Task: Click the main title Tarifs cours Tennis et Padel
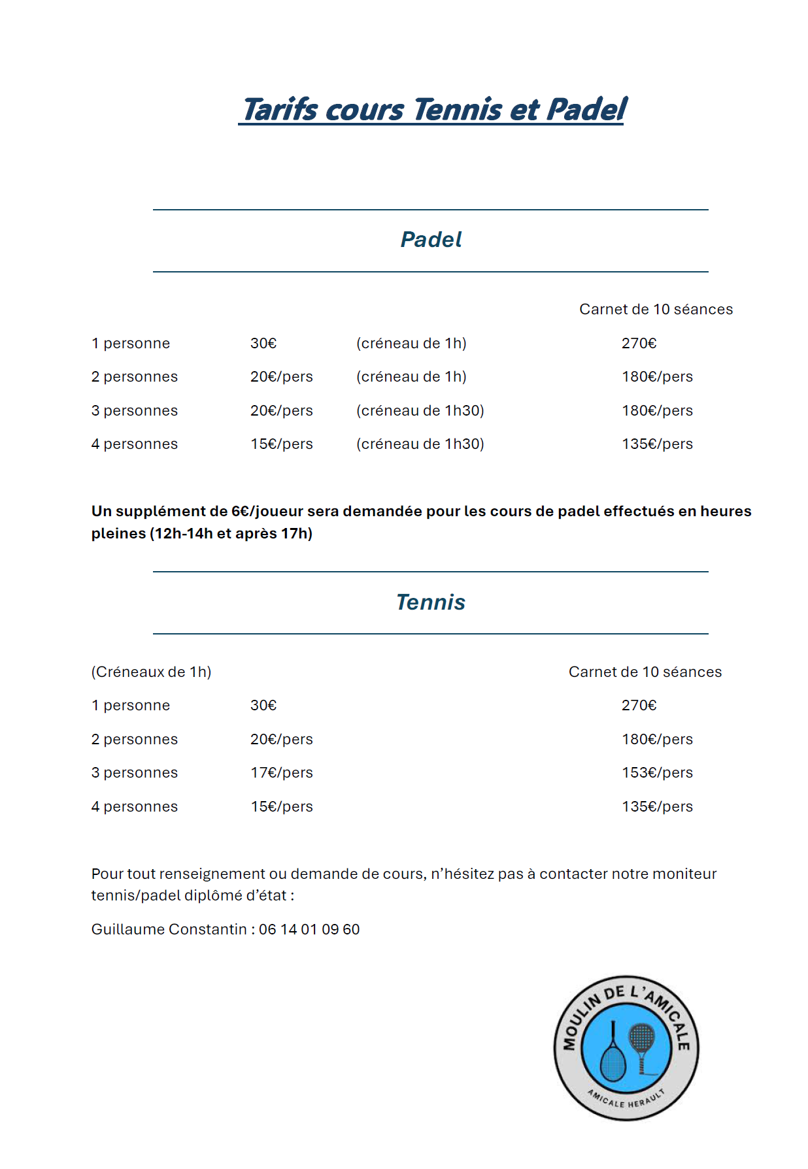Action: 434,110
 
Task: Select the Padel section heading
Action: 431,240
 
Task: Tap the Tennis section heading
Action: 431,602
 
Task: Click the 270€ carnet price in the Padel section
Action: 639,344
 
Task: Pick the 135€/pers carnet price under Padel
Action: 657,444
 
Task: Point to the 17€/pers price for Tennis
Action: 281,773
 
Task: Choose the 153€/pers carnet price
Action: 657,773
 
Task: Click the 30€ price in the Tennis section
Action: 263,706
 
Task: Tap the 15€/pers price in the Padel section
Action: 281,444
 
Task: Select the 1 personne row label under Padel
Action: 131,344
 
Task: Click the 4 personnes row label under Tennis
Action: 135,807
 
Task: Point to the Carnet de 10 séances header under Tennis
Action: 645,672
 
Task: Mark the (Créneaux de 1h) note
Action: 151,672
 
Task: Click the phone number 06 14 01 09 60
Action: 309,930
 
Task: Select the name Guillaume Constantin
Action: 169,930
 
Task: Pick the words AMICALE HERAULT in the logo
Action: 626,1099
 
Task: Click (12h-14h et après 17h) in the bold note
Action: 231,534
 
